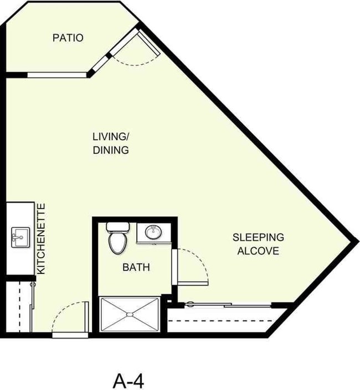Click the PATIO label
(68, 38)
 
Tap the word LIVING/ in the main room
(111, 137)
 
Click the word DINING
(111, 150)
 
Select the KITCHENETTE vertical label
(42, 238)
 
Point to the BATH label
(136, 268)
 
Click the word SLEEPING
(258, 237)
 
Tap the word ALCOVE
(258, 251)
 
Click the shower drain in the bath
(130, 315)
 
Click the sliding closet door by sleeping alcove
(227, 304)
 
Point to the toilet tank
(117, 226)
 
